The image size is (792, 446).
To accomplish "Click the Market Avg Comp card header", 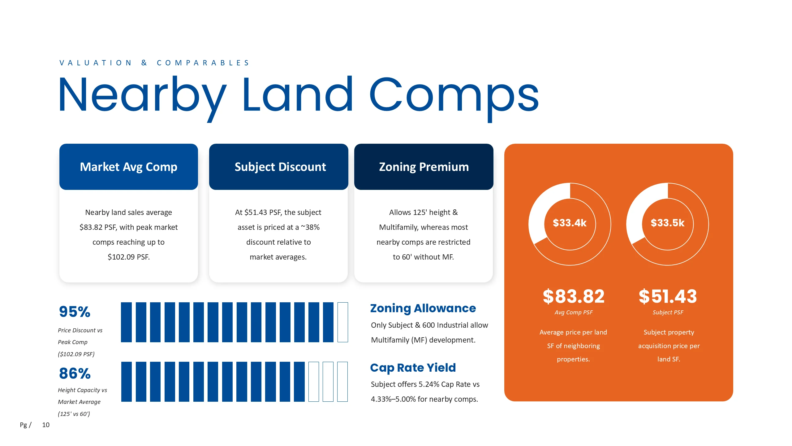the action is click(129, 167).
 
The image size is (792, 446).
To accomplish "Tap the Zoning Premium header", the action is click(424, 167).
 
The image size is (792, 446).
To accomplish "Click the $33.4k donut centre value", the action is click(570, 223).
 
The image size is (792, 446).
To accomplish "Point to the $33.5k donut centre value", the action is click(668, 223).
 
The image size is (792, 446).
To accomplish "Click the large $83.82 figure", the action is click(574, 296).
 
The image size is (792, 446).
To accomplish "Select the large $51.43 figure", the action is click(668, 296).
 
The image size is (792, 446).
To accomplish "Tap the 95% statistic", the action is click(75, 312).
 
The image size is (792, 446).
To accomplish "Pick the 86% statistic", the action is click(75, 373).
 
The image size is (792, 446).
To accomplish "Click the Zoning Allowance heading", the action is click(423, 308).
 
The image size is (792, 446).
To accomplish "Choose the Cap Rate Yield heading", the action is click(413, 368).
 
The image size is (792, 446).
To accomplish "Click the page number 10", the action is click(46, 425).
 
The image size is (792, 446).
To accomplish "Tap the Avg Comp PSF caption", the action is click(574, 313).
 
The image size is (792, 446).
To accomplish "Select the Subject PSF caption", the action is click(668, 313).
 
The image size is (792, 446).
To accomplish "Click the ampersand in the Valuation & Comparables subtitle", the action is click(144, 63).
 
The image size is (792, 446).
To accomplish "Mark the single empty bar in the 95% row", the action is click(343, 322).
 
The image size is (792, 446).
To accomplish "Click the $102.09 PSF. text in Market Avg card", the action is click(129, 257).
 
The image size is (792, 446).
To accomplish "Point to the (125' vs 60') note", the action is click(74, 414).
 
